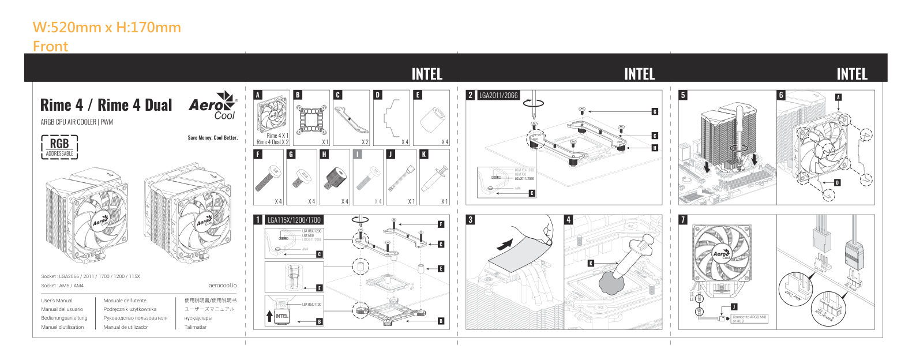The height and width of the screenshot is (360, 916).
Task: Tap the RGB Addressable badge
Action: pos(59,147)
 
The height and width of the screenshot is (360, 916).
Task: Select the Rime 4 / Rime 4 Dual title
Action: pos(106,105)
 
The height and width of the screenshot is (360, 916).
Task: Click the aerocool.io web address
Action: pos(223,286)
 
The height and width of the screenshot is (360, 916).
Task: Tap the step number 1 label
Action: pos(258,220)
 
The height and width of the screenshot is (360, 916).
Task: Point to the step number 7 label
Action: pos(684,220)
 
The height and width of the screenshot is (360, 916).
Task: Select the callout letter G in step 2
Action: pos(655,111)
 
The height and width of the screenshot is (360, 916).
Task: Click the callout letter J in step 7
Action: pos(733,306)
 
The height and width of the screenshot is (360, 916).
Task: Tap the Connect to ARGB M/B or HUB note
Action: pos(750,318)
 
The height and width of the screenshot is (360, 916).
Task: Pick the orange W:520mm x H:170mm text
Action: pos(107,27)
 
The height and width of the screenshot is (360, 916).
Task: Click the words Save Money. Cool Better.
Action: pos(212,138)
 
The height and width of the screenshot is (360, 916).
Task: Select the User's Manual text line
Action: pos(57,301)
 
